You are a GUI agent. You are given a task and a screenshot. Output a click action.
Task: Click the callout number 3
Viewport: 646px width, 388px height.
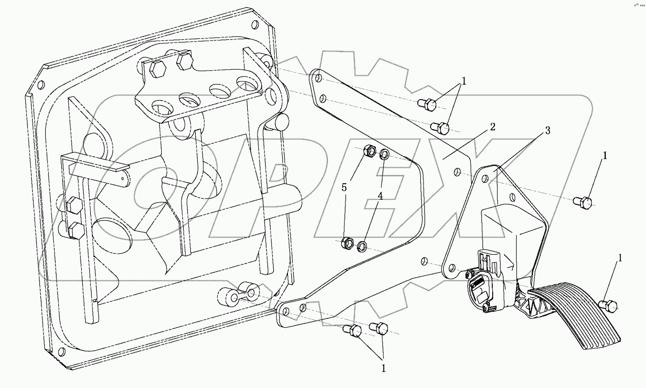click(x=547, y=130)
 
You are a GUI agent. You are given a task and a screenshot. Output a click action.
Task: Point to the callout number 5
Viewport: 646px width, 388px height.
click(x=345, y=187)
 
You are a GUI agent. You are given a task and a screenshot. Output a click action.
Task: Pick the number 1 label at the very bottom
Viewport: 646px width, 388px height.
click(x=383, y=368)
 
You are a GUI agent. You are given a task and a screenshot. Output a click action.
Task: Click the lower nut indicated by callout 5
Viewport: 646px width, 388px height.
click(x=347, y=243)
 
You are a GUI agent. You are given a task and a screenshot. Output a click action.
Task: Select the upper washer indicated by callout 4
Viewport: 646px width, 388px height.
click(x=383, y=154)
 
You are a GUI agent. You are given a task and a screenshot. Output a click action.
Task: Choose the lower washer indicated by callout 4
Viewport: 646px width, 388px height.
click(x=362, y=245)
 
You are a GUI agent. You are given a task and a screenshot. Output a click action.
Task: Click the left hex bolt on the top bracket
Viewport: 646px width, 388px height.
click(x=158, y=70)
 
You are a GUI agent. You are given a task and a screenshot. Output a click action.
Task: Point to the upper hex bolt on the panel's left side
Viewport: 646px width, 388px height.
click(x=73, y=204)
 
